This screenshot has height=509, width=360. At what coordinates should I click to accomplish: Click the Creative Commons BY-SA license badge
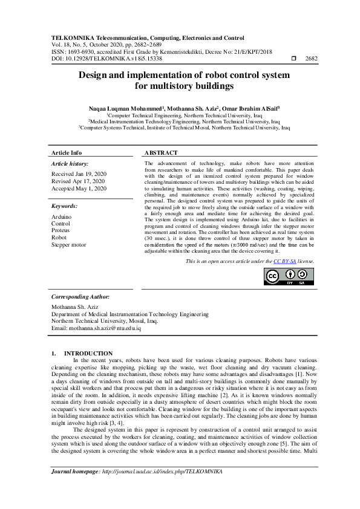(289, 276)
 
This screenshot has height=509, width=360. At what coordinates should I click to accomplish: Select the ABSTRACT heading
(161, 153)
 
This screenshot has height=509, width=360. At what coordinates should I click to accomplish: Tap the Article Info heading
(67, 153)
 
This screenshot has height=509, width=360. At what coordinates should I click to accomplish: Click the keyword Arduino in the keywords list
(61, 216)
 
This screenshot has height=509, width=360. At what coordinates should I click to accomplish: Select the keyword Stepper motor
(68, 245)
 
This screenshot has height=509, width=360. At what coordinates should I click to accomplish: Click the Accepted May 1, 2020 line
(79, 189)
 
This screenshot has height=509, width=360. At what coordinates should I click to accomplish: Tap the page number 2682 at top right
(311, 59)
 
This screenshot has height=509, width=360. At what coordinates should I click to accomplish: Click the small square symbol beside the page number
(295, 59)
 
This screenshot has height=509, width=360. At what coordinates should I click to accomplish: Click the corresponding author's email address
(105, 328)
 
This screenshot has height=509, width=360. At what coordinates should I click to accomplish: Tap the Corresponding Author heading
(80, 297)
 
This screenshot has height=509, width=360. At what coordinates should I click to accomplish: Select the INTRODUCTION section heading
(88, 353)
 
